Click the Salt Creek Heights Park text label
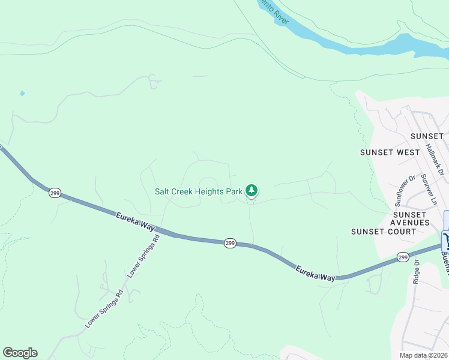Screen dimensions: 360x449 coord(199,191)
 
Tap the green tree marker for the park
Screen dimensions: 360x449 coord(252,191)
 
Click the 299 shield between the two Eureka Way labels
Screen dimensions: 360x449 coord(230,243)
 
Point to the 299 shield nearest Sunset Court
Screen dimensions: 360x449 coord(403,257)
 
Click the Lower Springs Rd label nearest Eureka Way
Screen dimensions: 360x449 coord(143,256)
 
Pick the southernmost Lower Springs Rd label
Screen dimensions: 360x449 coord(104,308)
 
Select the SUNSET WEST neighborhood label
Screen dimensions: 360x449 coord(390,152)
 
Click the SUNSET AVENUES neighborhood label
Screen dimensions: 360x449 coord(411,218)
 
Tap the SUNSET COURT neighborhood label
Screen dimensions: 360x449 coord(384,232)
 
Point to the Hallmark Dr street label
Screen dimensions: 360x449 coord(434,160)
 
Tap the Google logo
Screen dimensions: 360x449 coord(20,353)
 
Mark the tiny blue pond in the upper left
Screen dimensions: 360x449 coord(22,94)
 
